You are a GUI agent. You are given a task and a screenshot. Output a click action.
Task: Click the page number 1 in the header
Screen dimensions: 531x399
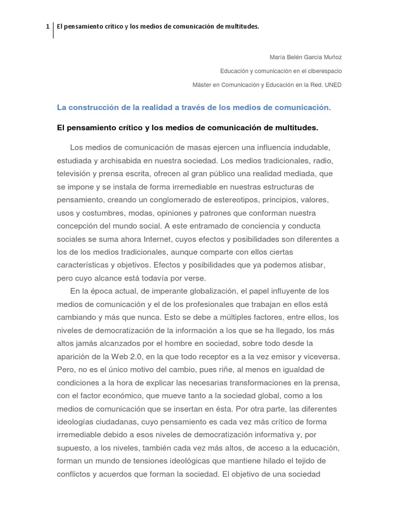(x=47, y=26)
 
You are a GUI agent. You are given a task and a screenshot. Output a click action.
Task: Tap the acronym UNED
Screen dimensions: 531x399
(x=333, y=85)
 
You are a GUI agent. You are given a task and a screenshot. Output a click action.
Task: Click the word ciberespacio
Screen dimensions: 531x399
(x=323, y=71)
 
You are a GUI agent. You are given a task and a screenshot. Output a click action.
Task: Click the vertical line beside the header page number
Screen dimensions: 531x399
(x=54, y=30)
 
